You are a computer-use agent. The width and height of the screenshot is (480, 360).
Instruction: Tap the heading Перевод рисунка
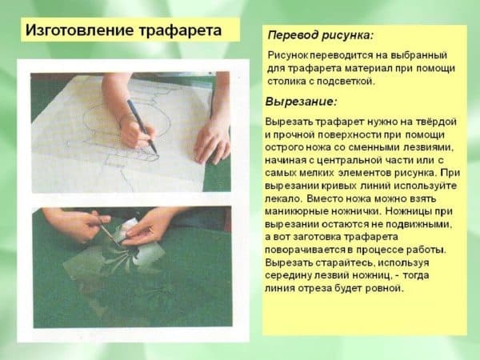click(319, 36)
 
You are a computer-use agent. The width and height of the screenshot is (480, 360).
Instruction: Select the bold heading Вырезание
click(302, 102)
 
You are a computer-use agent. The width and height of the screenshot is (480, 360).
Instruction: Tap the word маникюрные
click(300, 210)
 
